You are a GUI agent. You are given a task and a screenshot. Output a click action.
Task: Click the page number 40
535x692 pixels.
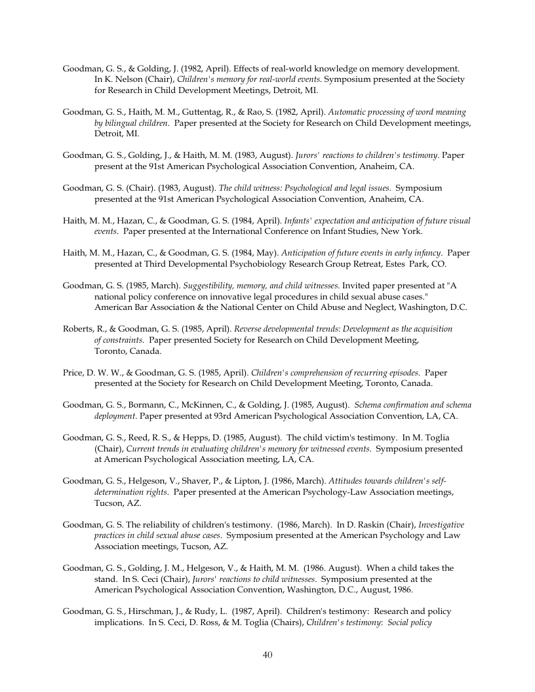(267, 655)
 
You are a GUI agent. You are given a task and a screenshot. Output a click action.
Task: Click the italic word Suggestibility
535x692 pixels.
(210, 286)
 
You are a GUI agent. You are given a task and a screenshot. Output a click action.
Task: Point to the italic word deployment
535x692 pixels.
(115, 415)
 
